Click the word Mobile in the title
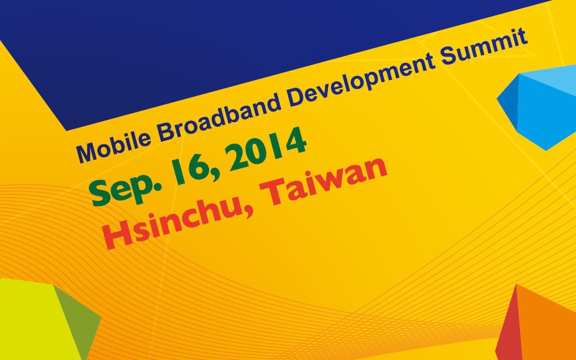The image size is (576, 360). pyautogui.click(x=106, y=145)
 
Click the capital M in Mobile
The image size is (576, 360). pyautogui.click(x=85, y=152)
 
